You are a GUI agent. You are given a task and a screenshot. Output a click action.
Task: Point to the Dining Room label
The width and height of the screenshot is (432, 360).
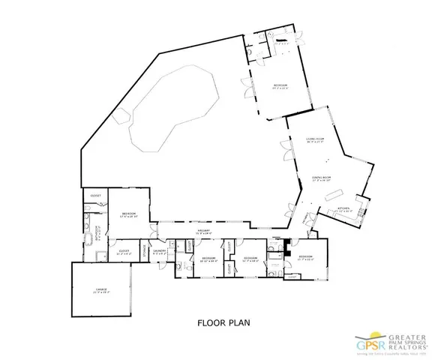pos(321,178)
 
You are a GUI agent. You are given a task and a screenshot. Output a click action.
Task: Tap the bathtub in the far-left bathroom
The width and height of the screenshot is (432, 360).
pos(87,239)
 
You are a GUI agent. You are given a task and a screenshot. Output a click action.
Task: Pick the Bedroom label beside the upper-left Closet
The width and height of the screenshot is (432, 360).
pos(129,214)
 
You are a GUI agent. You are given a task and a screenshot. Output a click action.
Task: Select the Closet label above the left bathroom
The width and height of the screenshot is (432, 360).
pos(96,196)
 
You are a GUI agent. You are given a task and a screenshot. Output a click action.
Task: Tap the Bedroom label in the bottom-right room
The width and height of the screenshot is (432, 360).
pos(304,257)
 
